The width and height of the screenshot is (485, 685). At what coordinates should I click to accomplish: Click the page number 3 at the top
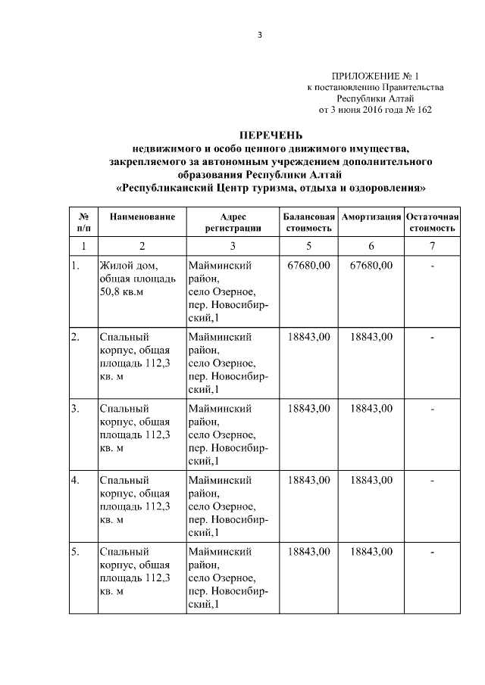click(258, 36)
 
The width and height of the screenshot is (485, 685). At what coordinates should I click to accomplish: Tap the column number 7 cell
click(431, 245)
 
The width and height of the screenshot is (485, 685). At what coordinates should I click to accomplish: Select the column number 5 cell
click(308, 245)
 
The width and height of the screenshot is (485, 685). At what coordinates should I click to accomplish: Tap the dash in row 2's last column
click(431, 338)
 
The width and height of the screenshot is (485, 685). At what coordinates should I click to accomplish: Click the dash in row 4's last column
click(431, 481)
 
